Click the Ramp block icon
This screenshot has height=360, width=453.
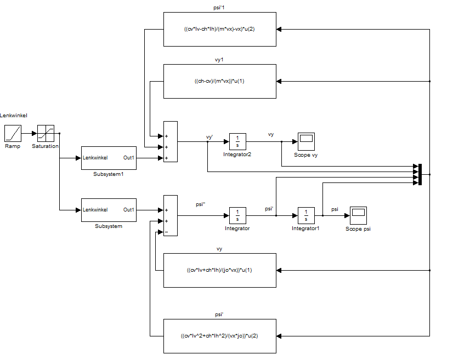13,133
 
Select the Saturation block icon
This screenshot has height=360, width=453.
45,133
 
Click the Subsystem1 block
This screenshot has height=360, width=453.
109,158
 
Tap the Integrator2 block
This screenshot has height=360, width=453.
237,141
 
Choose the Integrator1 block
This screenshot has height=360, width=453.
306,215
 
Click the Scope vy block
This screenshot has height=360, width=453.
305,141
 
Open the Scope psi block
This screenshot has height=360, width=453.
358,215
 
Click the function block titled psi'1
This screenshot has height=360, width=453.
220,29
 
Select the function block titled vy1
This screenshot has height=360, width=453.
220,81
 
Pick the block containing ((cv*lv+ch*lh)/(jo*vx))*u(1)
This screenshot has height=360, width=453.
220,270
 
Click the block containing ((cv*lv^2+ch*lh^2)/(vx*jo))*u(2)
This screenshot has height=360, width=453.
220,336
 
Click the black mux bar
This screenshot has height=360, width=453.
420,174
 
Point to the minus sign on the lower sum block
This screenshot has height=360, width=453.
166,232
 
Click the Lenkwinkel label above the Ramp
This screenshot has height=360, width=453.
14,116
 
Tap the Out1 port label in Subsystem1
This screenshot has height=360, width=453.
129,158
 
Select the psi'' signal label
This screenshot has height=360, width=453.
200,204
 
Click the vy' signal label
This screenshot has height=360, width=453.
209,136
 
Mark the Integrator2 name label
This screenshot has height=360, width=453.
237,155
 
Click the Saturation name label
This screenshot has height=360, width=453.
45,146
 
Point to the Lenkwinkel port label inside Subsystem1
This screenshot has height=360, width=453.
95,158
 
